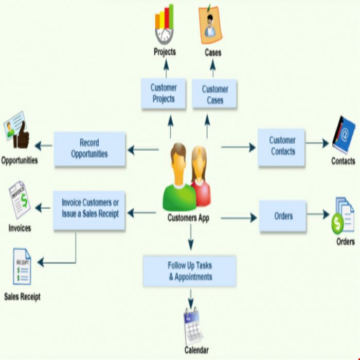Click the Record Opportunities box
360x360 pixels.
pos(90,149)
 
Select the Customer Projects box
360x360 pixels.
pos(164,94)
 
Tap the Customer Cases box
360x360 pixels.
pos(214,94)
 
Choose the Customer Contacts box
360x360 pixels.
pos(281,147)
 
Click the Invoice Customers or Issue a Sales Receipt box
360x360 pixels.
pos(89,210)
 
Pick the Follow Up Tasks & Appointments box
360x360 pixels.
pos(190,271)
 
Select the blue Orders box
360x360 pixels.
pos(283,216)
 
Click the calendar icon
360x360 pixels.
pos(193,326)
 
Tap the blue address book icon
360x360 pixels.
pos(344,135)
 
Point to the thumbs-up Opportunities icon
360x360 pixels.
pos(16,130)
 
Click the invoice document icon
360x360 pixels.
pos(20,200)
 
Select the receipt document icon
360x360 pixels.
pos(22,266)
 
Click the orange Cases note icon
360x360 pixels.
pos(210,25)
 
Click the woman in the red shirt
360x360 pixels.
pos(200,177)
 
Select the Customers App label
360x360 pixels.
pos(188,218)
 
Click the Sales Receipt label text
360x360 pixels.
pos(22,296)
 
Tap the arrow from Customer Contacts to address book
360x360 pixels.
pos(317,143)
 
